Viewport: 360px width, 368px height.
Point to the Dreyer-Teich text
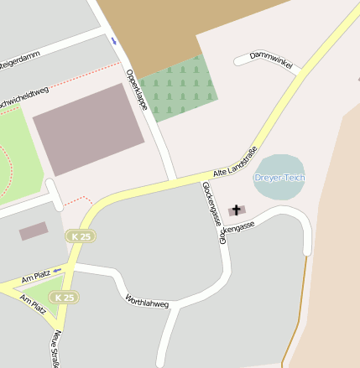tap(279, 178)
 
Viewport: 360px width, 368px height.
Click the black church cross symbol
tap(237, 209)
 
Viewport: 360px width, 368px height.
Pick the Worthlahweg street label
tap(147, 303)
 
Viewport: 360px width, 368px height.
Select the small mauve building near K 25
tap(34, 231)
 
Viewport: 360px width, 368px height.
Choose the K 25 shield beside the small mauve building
tap(81, 237)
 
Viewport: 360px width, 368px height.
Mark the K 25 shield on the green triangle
tap(65, 298)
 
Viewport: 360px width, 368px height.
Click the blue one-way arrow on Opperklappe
tap(113, 40)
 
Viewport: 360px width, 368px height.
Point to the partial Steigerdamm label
tap(18, 60)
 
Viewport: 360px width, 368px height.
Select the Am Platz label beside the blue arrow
tap(36, 275)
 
